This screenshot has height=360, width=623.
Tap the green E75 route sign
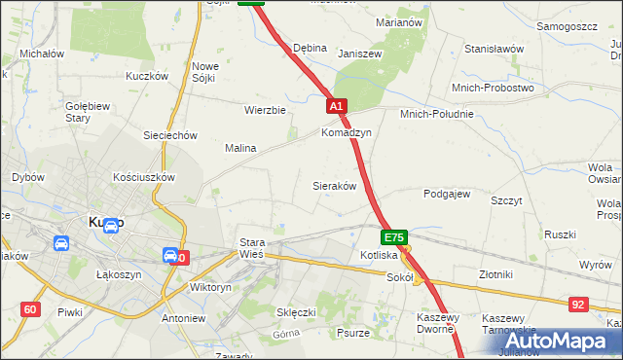(393, 237)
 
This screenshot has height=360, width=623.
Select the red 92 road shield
(579, 305)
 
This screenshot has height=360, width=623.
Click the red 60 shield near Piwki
(30, 309)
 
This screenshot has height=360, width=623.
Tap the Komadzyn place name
(347, 132)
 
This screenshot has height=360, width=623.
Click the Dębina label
(310, 48)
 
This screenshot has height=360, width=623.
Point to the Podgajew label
(447, 194)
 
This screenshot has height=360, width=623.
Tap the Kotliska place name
(379, 255)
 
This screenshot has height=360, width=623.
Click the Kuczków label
(147, 75)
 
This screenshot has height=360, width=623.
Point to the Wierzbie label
(265, 110)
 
